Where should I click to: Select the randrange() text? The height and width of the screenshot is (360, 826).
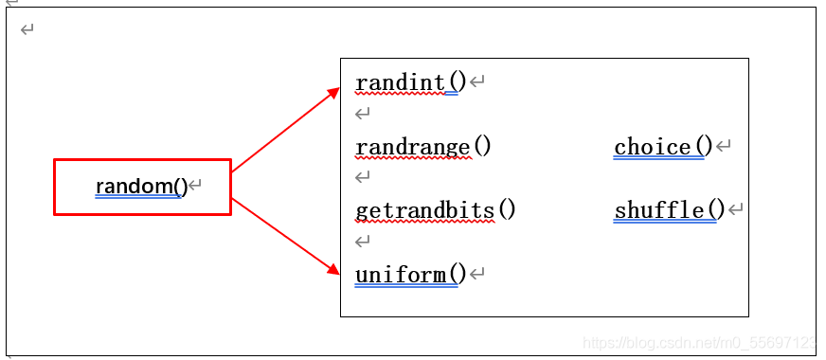pos(423,147)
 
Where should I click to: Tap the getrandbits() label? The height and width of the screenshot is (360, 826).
pos(435,211)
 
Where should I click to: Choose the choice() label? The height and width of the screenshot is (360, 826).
pos(663,147)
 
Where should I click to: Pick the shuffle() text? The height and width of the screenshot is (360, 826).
pos(670,211)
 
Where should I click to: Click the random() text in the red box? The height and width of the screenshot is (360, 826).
pos(142,186)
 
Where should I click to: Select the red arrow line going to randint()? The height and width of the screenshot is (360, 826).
pos(286,130)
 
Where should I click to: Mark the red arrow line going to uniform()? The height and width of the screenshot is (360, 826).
pos(286,237)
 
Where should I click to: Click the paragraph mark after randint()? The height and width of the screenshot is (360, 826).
pos(477,82)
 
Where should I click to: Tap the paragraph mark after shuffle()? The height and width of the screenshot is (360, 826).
pos(735,210)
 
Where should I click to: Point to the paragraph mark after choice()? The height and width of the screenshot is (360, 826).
pos(724,146)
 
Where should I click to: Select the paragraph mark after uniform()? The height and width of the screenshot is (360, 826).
pos(477,274)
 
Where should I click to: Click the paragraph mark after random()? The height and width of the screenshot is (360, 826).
pos(195,185)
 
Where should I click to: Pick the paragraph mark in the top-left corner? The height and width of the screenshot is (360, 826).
pos(27,29)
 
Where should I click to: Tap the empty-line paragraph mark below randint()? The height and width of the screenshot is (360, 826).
pos(363,114)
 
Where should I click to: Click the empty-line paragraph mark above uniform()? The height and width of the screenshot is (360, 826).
pos(363,242)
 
